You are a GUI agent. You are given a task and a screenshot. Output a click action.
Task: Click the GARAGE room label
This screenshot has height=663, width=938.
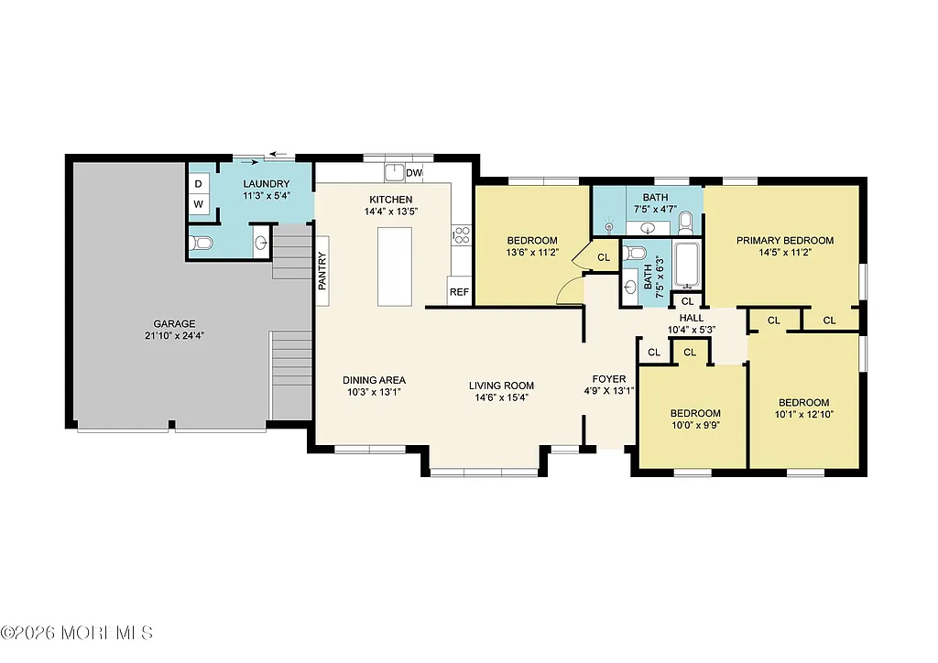[x=173, y=323]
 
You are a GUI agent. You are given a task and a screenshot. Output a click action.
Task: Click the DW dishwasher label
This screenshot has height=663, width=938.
[x=414, y=173]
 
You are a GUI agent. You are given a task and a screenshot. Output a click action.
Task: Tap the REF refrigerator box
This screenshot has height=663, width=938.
[x=459, y=293]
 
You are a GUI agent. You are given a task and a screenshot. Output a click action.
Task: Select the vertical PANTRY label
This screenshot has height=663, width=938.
[x=322, y=271]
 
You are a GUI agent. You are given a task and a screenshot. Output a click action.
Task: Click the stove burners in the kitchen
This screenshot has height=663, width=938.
[x=461, y=235]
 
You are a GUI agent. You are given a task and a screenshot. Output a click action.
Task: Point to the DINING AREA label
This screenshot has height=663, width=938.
[x=374, y=381]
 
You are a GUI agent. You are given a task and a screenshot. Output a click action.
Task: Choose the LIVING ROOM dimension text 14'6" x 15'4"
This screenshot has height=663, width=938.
[x=501, y=397]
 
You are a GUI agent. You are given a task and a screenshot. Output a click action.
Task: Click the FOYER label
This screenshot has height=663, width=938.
[x=609, y=379]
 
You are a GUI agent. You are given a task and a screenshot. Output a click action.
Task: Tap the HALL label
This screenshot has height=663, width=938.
[x=691, y=318]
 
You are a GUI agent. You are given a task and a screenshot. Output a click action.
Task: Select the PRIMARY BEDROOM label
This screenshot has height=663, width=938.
[x=787, y=241]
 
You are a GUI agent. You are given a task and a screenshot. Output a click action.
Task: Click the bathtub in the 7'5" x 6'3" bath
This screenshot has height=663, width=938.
[x=686, y=264]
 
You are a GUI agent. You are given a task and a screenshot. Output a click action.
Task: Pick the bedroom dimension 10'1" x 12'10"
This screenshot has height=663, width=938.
[x=803, y=415]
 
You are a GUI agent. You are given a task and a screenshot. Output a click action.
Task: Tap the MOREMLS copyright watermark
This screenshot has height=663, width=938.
[x=77, y=633]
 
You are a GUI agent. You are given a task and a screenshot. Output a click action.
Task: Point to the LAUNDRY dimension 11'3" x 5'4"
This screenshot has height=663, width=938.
[x=267, y=196]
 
